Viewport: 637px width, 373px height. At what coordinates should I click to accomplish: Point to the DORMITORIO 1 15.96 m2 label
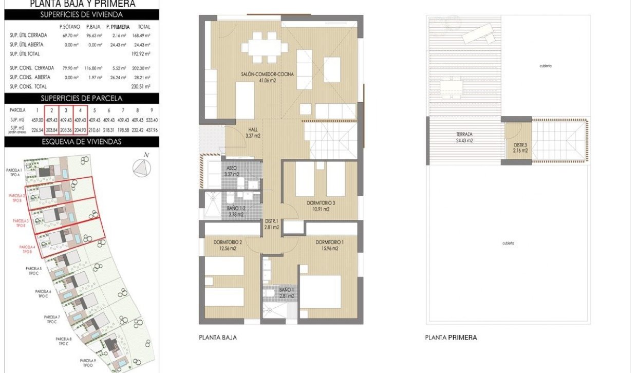coord(327,245)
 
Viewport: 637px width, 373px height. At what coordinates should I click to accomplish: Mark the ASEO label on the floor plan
coord(232,172)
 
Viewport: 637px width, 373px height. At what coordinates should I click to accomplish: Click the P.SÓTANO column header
coord(68,26)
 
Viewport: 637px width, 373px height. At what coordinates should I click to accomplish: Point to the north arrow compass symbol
coord(142,167)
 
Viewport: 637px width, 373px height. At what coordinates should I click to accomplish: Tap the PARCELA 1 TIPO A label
coord(14,172)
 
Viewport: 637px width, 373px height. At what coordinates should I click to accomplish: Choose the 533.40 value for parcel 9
coord(152,119)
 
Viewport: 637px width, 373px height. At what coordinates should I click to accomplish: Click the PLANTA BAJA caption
coord(217,338)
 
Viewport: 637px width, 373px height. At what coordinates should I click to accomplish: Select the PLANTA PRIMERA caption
coord(451,338)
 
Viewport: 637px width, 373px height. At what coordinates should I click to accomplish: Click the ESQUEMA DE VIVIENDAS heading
coord(81,142)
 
